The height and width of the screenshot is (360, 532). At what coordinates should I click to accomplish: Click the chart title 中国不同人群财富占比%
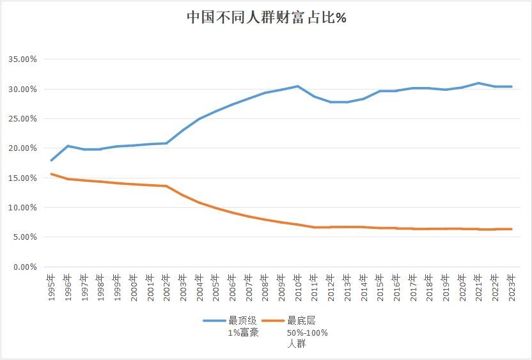point(266,18)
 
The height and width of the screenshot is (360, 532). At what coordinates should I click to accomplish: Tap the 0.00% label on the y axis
point(25,267)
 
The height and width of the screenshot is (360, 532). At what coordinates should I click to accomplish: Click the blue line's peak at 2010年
point(298,86)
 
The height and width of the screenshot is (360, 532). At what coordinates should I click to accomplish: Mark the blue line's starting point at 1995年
point(51,160)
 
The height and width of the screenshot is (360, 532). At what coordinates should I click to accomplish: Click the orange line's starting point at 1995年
point(51,174)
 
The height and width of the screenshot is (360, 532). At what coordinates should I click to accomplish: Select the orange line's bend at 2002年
point(166,186)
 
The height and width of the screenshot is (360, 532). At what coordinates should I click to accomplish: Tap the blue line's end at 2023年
point(512,86)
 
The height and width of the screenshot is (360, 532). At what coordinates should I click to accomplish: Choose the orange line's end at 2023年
point(512,229)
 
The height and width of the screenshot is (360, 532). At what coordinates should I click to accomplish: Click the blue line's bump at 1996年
point(68,146)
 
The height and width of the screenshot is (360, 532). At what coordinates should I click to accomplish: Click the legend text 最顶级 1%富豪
point(243,327)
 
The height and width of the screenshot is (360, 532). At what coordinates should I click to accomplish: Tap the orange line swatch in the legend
point(274,321)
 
